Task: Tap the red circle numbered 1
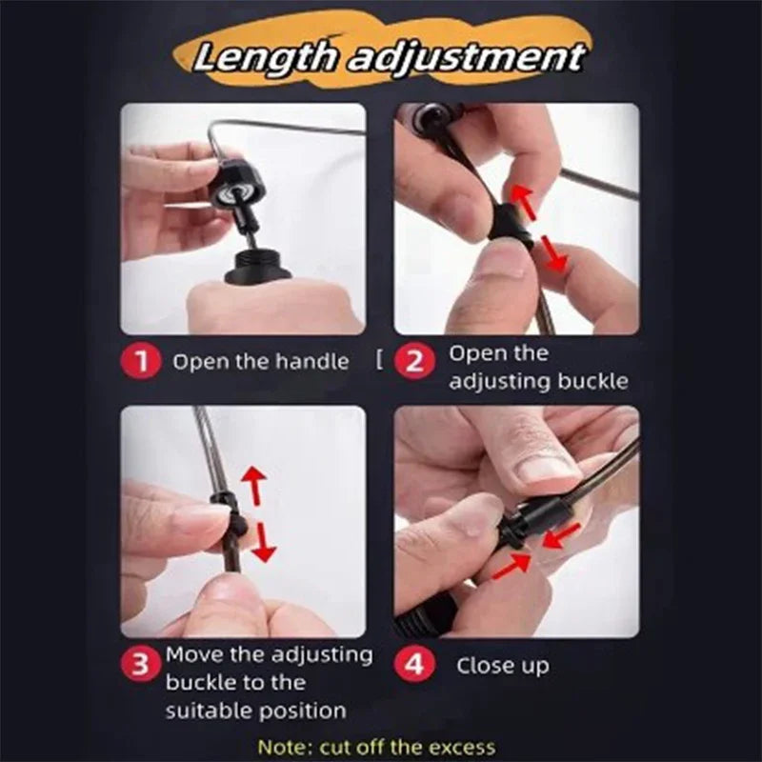(x=141, y=363)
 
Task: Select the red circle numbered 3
(x=141, y=666)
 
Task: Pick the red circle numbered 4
(x=414, y=664)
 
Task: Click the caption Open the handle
(x=260, y=363)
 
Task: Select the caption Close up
(x=502, y=665)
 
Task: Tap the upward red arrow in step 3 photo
(x=253, y=484)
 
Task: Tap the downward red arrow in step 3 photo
(x=263, y=542)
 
